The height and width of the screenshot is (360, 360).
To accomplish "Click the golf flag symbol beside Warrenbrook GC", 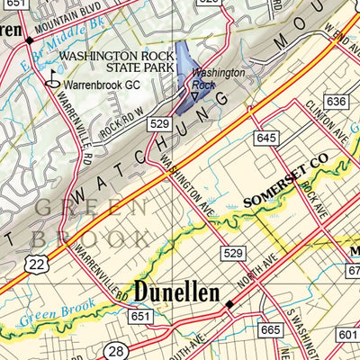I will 50,82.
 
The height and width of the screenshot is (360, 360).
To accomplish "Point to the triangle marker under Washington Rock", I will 195,93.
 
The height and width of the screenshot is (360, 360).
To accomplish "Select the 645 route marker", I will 265,138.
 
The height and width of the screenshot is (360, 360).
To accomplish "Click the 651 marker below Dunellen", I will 139,317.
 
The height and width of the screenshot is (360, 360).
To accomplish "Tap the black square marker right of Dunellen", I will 229,305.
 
